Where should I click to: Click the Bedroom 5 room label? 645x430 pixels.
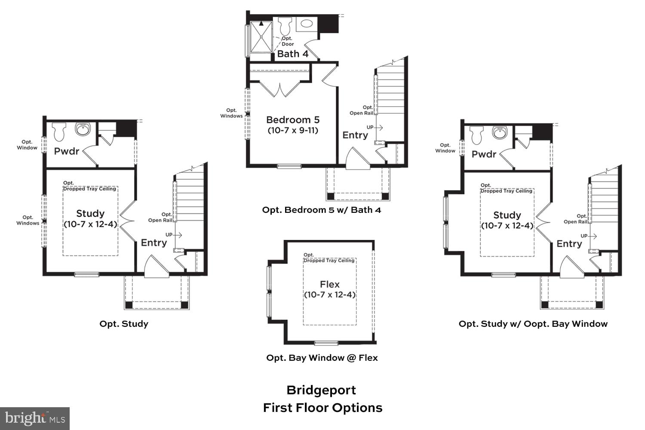292,120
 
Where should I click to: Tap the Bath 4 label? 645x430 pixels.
292,54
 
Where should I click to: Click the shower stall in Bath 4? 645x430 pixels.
261,37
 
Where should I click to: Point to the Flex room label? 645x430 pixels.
329,284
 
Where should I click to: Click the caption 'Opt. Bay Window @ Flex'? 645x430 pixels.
322,358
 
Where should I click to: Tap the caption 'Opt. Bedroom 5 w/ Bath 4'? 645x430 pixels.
321,210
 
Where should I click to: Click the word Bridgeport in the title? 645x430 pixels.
321,390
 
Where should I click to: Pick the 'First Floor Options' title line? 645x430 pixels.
322,408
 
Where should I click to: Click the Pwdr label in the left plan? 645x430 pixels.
67,151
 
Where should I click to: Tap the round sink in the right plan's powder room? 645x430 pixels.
499,132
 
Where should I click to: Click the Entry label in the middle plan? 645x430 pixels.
355,135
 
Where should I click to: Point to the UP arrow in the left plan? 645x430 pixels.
174,235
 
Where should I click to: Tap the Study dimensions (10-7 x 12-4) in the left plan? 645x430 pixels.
90,224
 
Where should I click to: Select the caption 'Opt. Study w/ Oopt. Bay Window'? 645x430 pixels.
533,324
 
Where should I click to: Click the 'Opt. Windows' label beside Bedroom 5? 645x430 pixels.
231,113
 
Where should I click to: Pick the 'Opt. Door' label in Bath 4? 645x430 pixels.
288,41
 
